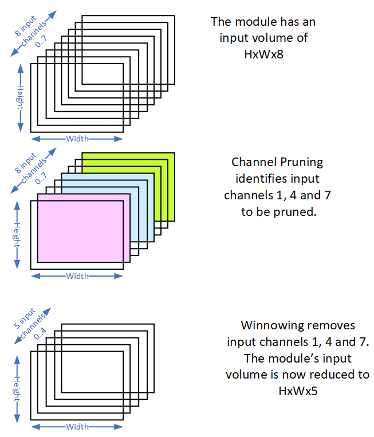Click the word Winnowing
(269, 326)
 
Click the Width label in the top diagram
(77, 139)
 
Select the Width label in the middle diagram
(77, 276)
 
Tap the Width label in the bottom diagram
(77, 427)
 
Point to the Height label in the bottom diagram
(21, 385)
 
